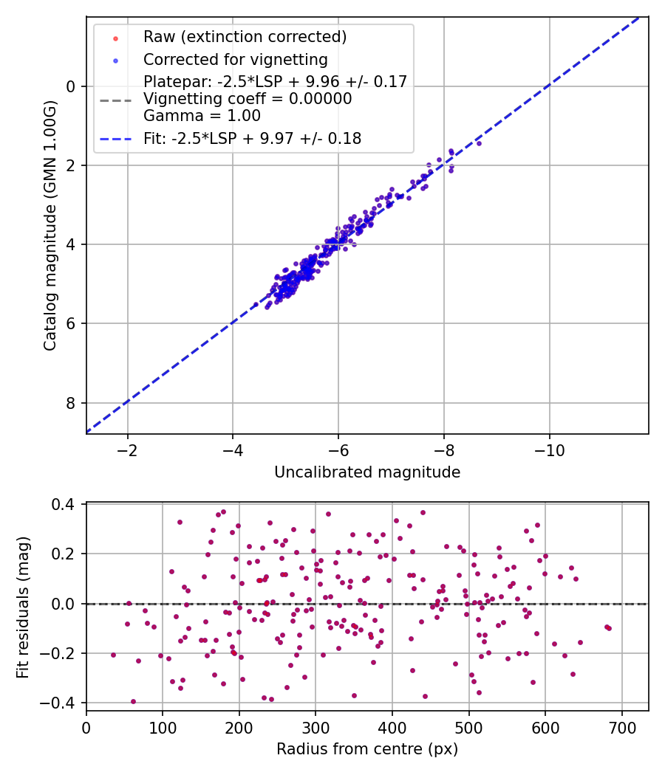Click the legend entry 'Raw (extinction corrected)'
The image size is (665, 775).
[245, 37]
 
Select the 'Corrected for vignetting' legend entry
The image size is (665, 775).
[235, 60]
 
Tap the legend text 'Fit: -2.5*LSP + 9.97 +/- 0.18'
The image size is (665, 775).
[252, 138]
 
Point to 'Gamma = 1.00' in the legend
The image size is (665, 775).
[202, 115]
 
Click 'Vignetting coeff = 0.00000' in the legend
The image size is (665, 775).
[248, 99]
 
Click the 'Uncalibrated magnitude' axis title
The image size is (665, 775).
[367, 472]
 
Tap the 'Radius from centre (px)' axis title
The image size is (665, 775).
[367, 749]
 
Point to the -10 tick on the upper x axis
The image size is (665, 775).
[549, 449]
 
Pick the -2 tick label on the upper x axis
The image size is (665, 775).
[128, 449]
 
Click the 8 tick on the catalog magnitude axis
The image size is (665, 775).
[71, 403]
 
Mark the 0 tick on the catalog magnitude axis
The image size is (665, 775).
[71, 86]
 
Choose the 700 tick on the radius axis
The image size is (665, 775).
[621, 726]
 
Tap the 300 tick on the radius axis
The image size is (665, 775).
[316, 726]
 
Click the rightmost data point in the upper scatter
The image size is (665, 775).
[478, 143]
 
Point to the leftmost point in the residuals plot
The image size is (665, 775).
[113, 655]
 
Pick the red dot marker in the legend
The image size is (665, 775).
[115, 37]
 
